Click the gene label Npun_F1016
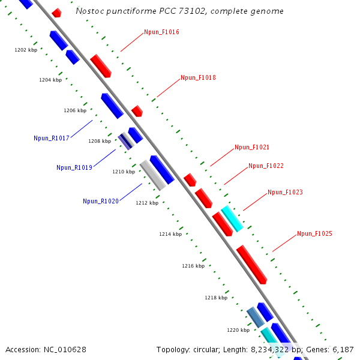161,32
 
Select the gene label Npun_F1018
198,77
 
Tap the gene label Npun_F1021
252,147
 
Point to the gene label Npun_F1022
266,166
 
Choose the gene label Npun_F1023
285,193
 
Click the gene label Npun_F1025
314,233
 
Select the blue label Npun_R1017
52,138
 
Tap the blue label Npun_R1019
74,167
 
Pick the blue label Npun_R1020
101,201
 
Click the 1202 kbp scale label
26,50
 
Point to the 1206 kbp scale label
75,110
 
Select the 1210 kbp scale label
124,172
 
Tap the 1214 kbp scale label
170,234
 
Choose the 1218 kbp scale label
216,298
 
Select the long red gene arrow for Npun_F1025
251,264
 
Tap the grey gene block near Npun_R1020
152,175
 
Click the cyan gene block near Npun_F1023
232,218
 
